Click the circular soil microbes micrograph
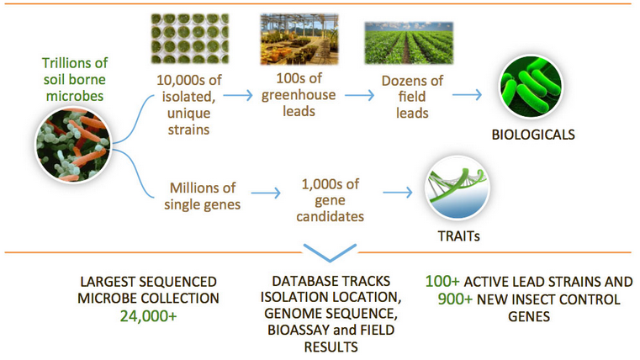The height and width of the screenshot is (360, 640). (x=73, y=145)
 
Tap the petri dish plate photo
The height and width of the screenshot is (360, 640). (x=190, y=39)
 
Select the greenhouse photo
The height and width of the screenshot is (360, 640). (x=299, y=40)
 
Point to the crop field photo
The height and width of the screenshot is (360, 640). (x=409, y=43)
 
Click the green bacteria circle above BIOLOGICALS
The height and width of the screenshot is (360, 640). (x=532, y=87)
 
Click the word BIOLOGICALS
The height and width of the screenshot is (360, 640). (x=533, y=135)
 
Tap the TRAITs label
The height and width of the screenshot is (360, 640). (x=459, y=236)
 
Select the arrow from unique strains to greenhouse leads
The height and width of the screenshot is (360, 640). (x=238, y=96)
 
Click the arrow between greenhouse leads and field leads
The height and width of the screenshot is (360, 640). (x=359, y=96)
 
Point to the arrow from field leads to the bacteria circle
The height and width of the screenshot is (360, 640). (x=467, y=95)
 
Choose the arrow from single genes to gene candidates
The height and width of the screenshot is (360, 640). (x=266, y=193)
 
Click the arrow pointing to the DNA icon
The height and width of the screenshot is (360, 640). (x=398, y=193)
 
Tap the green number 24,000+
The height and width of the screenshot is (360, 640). (x=149, y=316)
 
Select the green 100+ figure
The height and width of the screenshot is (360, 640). (x=442, y=281)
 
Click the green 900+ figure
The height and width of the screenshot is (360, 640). (x=455, y=299)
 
